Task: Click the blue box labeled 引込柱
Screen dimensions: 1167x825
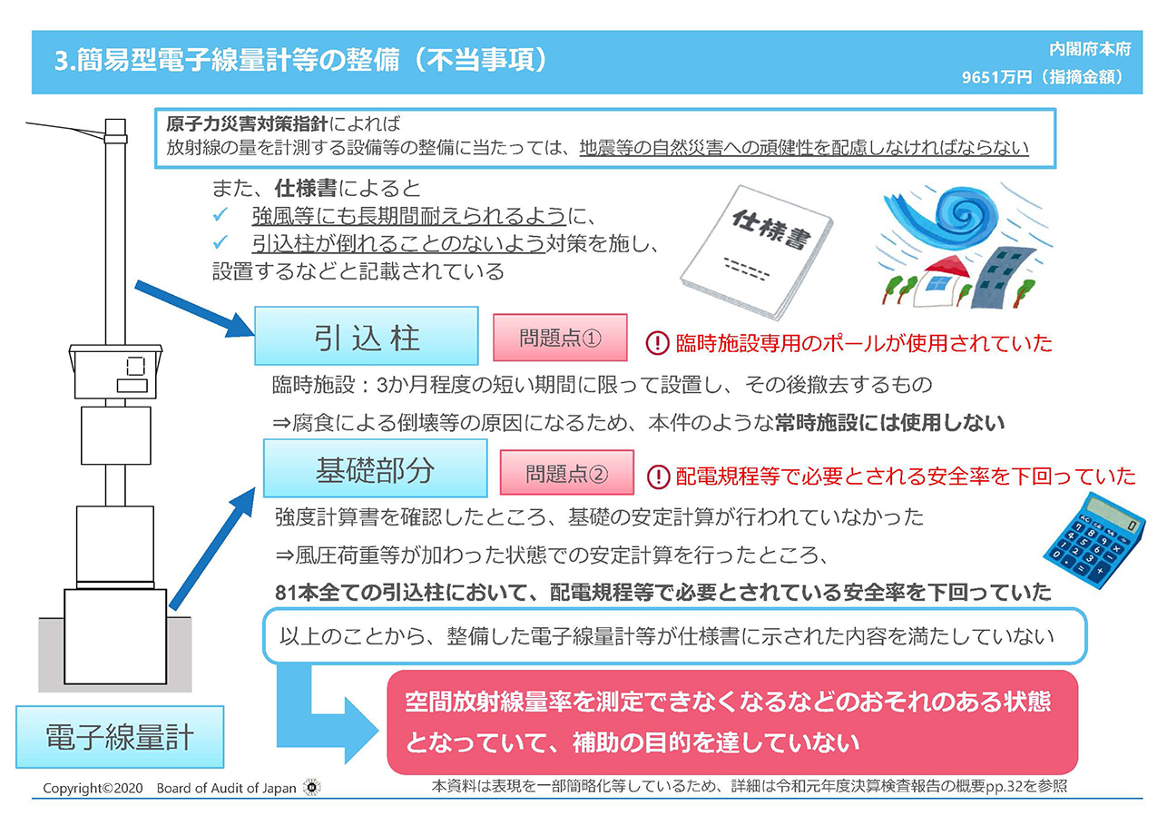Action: point(367,336)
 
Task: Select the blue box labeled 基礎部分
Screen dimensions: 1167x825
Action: point(375,468)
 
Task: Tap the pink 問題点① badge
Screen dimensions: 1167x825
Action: point(560,338)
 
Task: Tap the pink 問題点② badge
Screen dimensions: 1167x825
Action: point(567,473)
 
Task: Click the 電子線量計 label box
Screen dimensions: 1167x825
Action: point(120,737)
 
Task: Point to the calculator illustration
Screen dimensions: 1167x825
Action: point(1094,541)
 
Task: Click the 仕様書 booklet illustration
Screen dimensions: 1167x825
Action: point(755,251)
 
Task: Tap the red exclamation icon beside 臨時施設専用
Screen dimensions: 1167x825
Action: point(658,343)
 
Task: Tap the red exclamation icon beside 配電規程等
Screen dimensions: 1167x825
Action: point(658,476)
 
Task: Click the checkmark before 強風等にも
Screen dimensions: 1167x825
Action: point(221,214)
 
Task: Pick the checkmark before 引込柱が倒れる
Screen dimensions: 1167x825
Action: point(221,241)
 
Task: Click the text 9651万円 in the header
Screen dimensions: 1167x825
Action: point(996,77)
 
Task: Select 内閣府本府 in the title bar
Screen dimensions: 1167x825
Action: point(1090,50)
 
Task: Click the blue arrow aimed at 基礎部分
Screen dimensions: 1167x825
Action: point(212,548)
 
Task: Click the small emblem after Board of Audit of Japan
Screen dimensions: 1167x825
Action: point(312,787)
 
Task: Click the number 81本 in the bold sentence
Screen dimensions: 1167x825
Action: point(296,593)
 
